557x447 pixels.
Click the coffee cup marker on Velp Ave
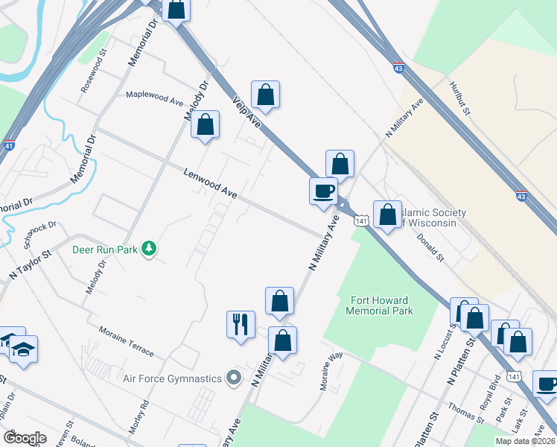[x=323, y=191]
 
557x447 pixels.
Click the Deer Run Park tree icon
[x=150, y=249]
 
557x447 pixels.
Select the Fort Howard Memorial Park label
[x=381, y=305]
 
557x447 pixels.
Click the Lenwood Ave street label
[x=210, y=183]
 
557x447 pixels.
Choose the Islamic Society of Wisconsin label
[x=432, y=218]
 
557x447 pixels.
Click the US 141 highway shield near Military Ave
[x=362, y=221]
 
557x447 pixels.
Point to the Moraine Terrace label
[x=126, y=340]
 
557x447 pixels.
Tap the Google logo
[x=24, y=438]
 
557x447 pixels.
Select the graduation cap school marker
[x=24, y=349]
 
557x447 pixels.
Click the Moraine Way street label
[x=331, y=370]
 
